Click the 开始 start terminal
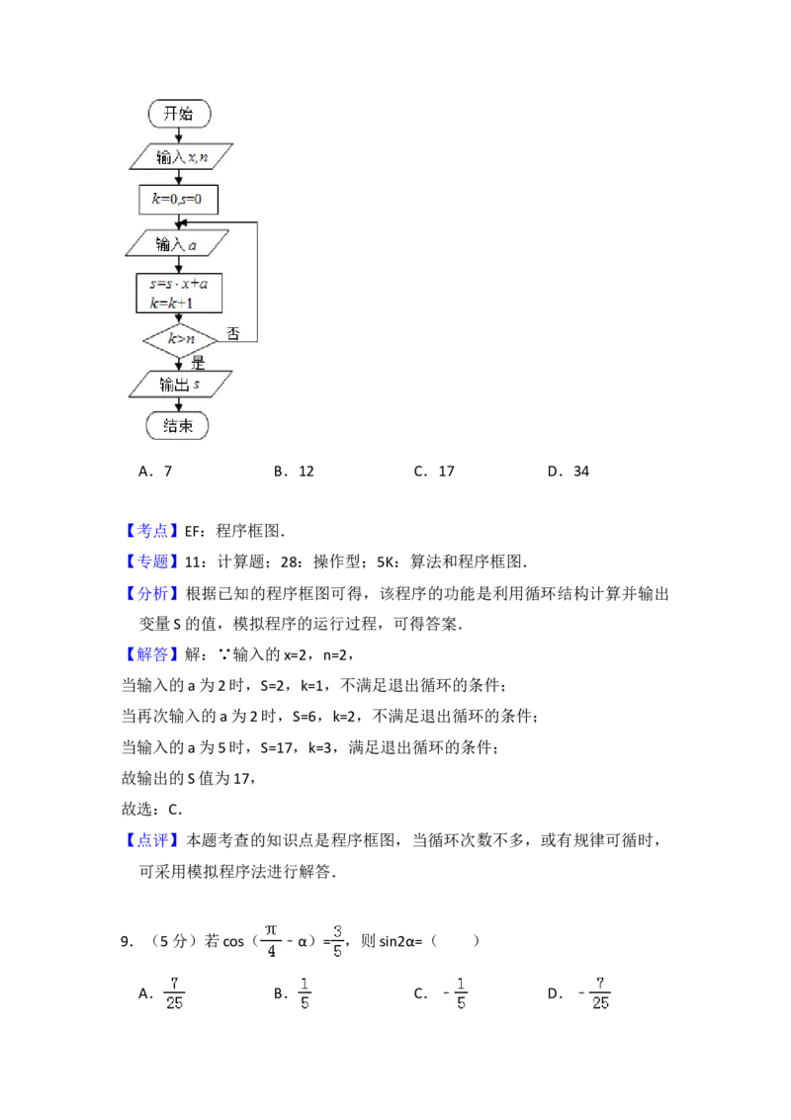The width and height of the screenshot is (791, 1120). (x=179, y=114)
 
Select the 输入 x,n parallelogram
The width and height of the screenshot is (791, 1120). (x=179, y=156)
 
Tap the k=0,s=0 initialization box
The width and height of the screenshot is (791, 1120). (x=179, y=201)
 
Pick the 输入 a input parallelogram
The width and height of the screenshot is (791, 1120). (x=179, y=243)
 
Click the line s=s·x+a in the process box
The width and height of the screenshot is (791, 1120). (x=179, y=284)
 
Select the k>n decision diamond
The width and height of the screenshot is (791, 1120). (x=179, y=339)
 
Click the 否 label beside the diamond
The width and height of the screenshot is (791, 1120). (x=233, y=334)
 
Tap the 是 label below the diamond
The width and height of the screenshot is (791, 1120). (x=197, y=363)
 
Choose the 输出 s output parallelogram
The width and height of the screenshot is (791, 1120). (x=179, y=384)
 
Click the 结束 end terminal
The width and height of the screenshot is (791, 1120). (x=179, y=426)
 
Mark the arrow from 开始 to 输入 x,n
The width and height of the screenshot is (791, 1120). (x=179, y=134)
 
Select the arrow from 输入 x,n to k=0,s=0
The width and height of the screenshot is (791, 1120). (x=179, y=179)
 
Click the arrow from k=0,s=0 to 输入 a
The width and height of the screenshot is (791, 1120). (x=179, y=222)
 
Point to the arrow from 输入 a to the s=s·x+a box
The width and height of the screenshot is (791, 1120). (x=179, y=264)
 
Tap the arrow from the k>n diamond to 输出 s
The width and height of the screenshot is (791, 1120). (x=179, y=363)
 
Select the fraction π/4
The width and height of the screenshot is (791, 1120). (x=269, y=941)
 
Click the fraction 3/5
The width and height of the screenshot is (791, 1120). (x=336, y=941)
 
